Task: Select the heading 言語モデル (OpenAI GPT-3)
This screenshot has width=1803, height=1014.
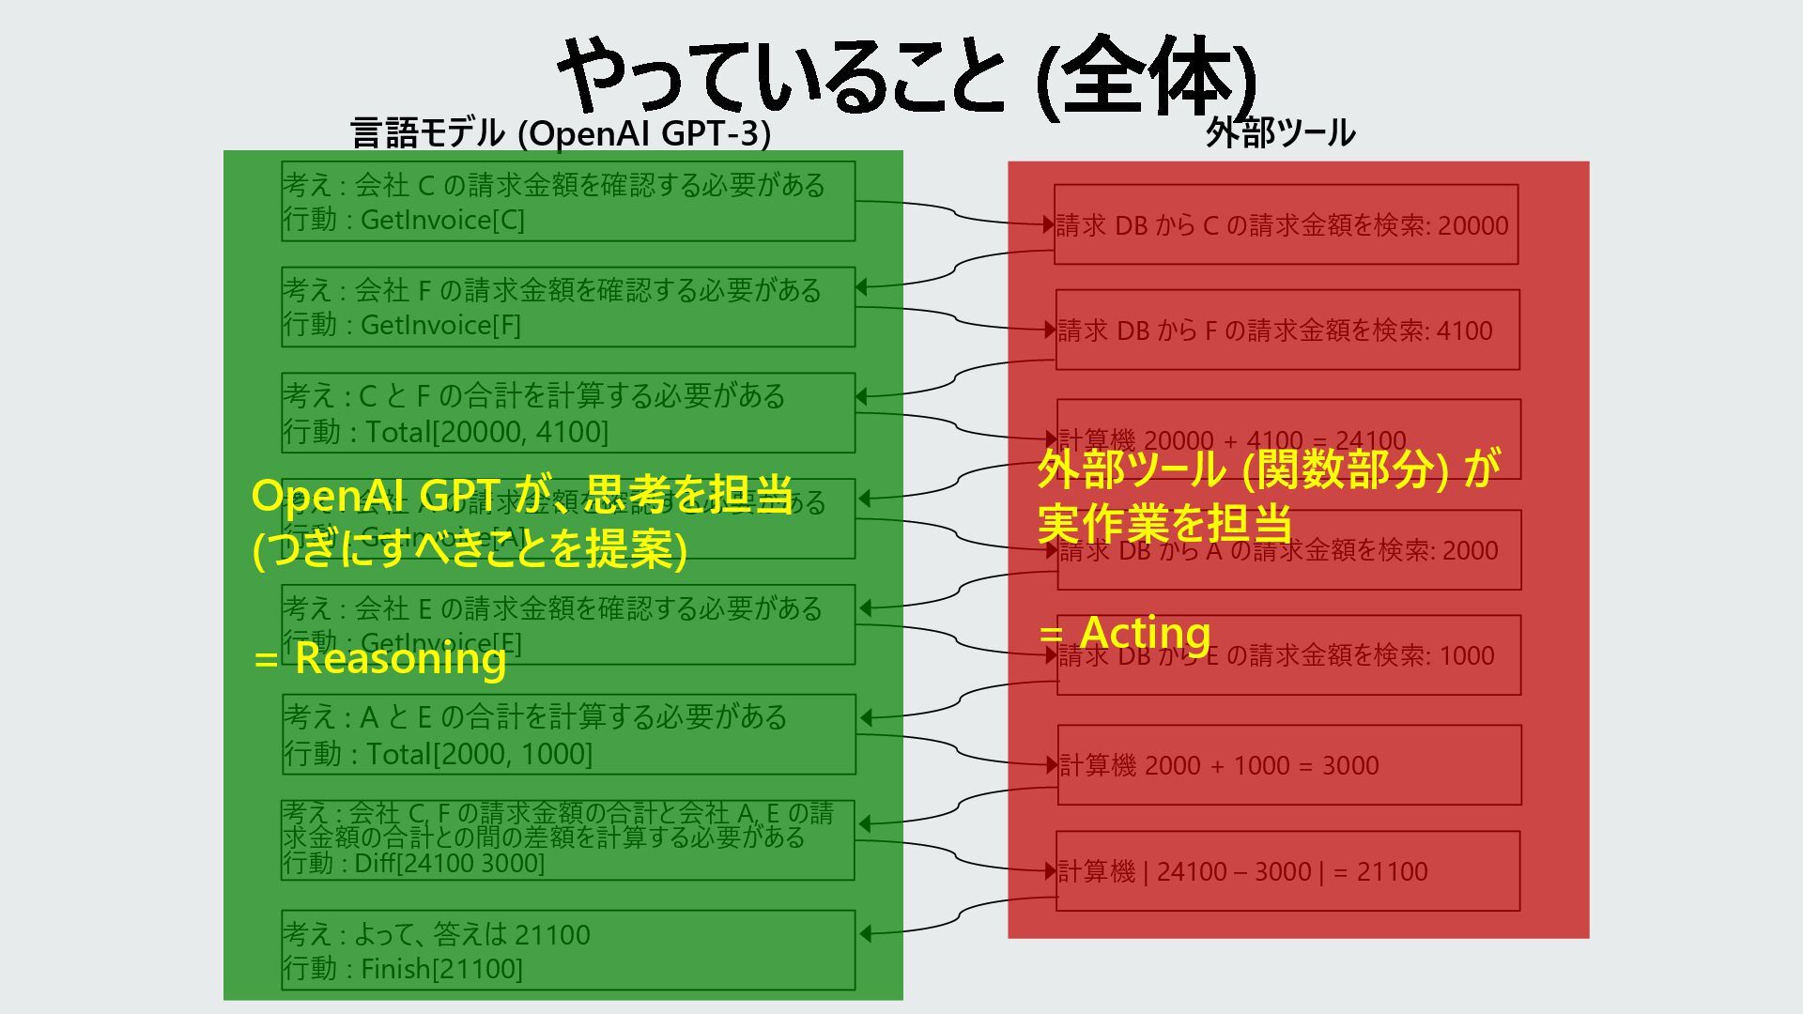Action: pyautogui.click(x=561, y=133)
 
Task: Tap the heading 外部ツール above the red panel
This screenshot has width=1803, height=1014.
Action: pyautogui.click(x=1280, y=133)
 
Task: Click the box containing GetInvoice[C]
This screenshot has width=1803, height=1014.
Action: pyautogui.click(x=568, y=201)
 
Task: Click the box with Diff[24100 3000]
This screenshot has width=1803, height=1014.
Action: pyautogui.click(x=568, y=839)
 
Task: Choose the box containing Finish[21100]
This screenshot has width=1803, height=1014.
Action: pyautogui.click(x=568, y=949)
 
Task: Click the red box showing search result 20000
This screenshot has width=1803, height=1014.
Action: pyautogui.click(x=1286, y=224)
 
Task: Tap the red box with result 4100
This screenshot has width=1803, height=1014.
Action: pyautogui.click(x=1287, y=330)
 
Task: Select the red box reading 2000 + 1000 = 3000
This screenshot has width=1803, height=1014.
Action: pyautogui.click(x=1289, y=764)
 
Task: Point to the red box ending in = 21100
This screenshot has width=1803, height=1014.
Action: pyautogui.click(x=1287, y=870)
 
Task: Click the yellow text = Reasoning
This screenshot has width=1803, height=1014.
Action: pyautogui.click(x=379, y=658)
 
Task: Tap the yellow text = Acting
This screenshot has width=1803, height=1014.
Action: pyautogui.click(x=1125, y=632)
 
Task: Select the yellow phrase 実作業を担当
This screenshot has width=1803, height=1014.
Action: pyautogui.click(x=1164, y=523)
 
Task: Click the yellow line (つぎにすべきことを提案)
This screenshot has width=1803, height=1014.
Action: pyautogui.click(x=470, y=549)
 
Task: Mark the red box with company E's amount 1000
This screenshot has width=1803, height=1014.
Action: pyautogui.click(x=1288, y=655)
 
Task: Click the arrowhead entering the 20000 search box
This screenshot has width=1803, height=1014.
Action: pyautogui.click(x=1048, y=223)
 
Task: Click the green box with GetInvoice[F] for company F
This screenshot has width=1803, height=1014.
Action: pyautogui.click(x=568, y=307)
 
